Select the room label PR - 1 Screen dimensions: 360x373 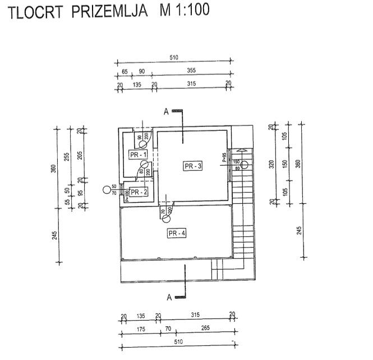[138, 154]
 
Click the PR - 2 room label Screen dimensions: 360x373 [139, 192]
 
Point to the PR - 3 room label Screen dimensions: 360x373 [192, 166]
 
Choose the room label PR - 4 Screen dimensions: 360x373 [176, 233]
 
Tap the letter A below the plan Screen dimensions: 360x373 [168, 296]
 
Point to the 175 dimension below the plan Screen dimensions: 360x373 [140, 329]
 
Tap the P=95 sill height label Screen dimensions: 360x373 [224, 157]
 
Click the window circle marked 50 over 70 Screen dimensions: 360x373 [107, 190]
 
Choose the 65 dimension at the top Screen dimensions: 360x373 [124, 72]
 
